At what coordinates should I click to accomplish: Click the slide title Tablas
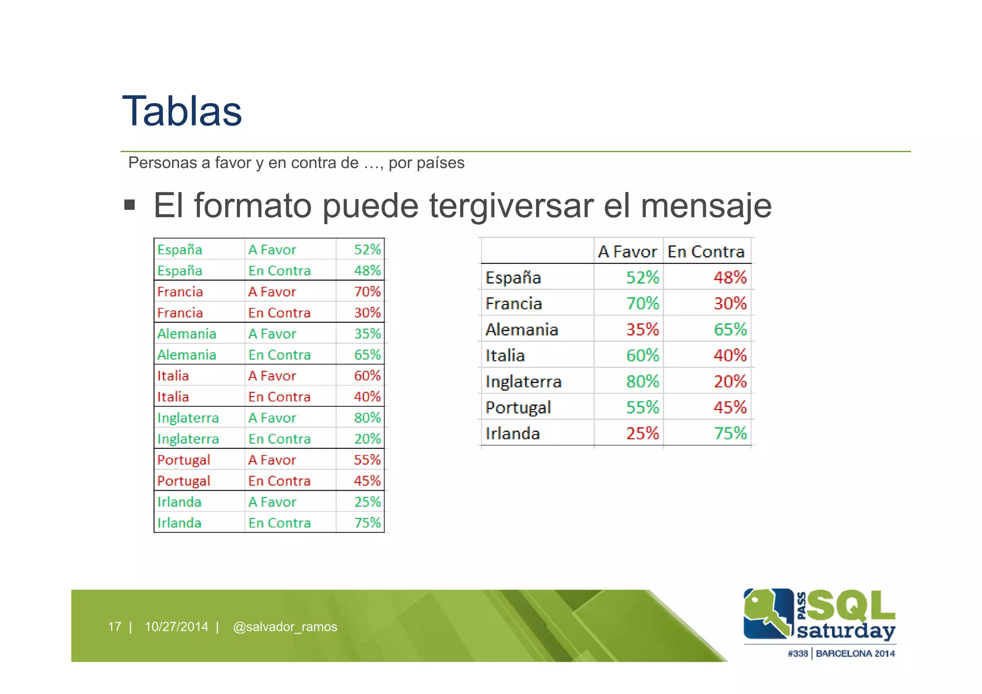182,111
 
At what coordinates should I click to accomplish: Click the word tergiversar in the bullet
512,206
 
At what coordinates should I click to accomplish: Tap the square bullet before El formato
129,205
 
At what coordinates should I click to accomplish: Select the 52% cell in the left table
367,249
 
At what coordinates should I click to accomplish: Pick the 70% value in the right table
643,304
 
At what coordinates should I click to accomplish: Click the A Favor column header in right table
627,252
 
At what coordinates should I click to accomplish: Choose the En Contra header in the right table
706,252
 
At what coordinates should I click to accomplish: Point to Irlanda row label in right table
513,434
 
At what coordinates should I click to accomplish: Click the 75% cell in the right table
730,434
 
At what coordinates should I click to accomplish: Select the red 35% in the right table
643,329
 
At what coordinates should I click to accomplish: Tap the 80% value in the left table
367,418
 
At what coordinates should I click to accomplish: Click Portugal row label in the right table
518,408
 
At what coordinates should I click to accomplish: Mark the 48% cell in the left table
367,271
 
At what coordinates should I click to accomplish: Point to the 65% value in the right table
730,329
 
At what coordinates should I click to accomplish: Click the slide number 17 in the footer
115,627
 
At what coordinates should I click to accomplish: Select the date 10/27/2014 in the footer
176,627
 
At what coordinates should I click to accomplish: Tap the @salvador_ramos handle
285,627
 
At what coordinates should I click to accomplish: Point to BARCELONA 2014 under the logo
855,654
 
